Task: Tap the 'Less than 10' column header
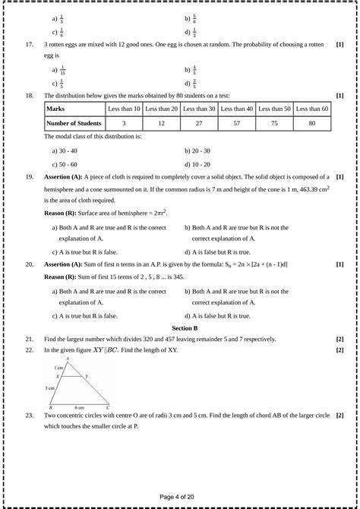click(x=124, y=109)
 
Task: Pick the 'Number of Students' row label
click(x=74, y=122)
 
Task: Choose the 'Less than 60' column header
click(x=314, y=109)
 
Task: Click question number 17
click(x=29, y=45)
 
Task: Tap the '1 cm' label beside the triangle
click(x=58, y=367)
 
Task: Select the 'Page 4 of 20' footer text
click(x=180, y=497)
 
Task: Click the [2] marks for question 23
click(x=339, y=416)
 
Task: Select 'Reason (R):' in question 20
click(x=64, y=277)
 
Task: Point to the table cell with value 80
click(x=314, y=122)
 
